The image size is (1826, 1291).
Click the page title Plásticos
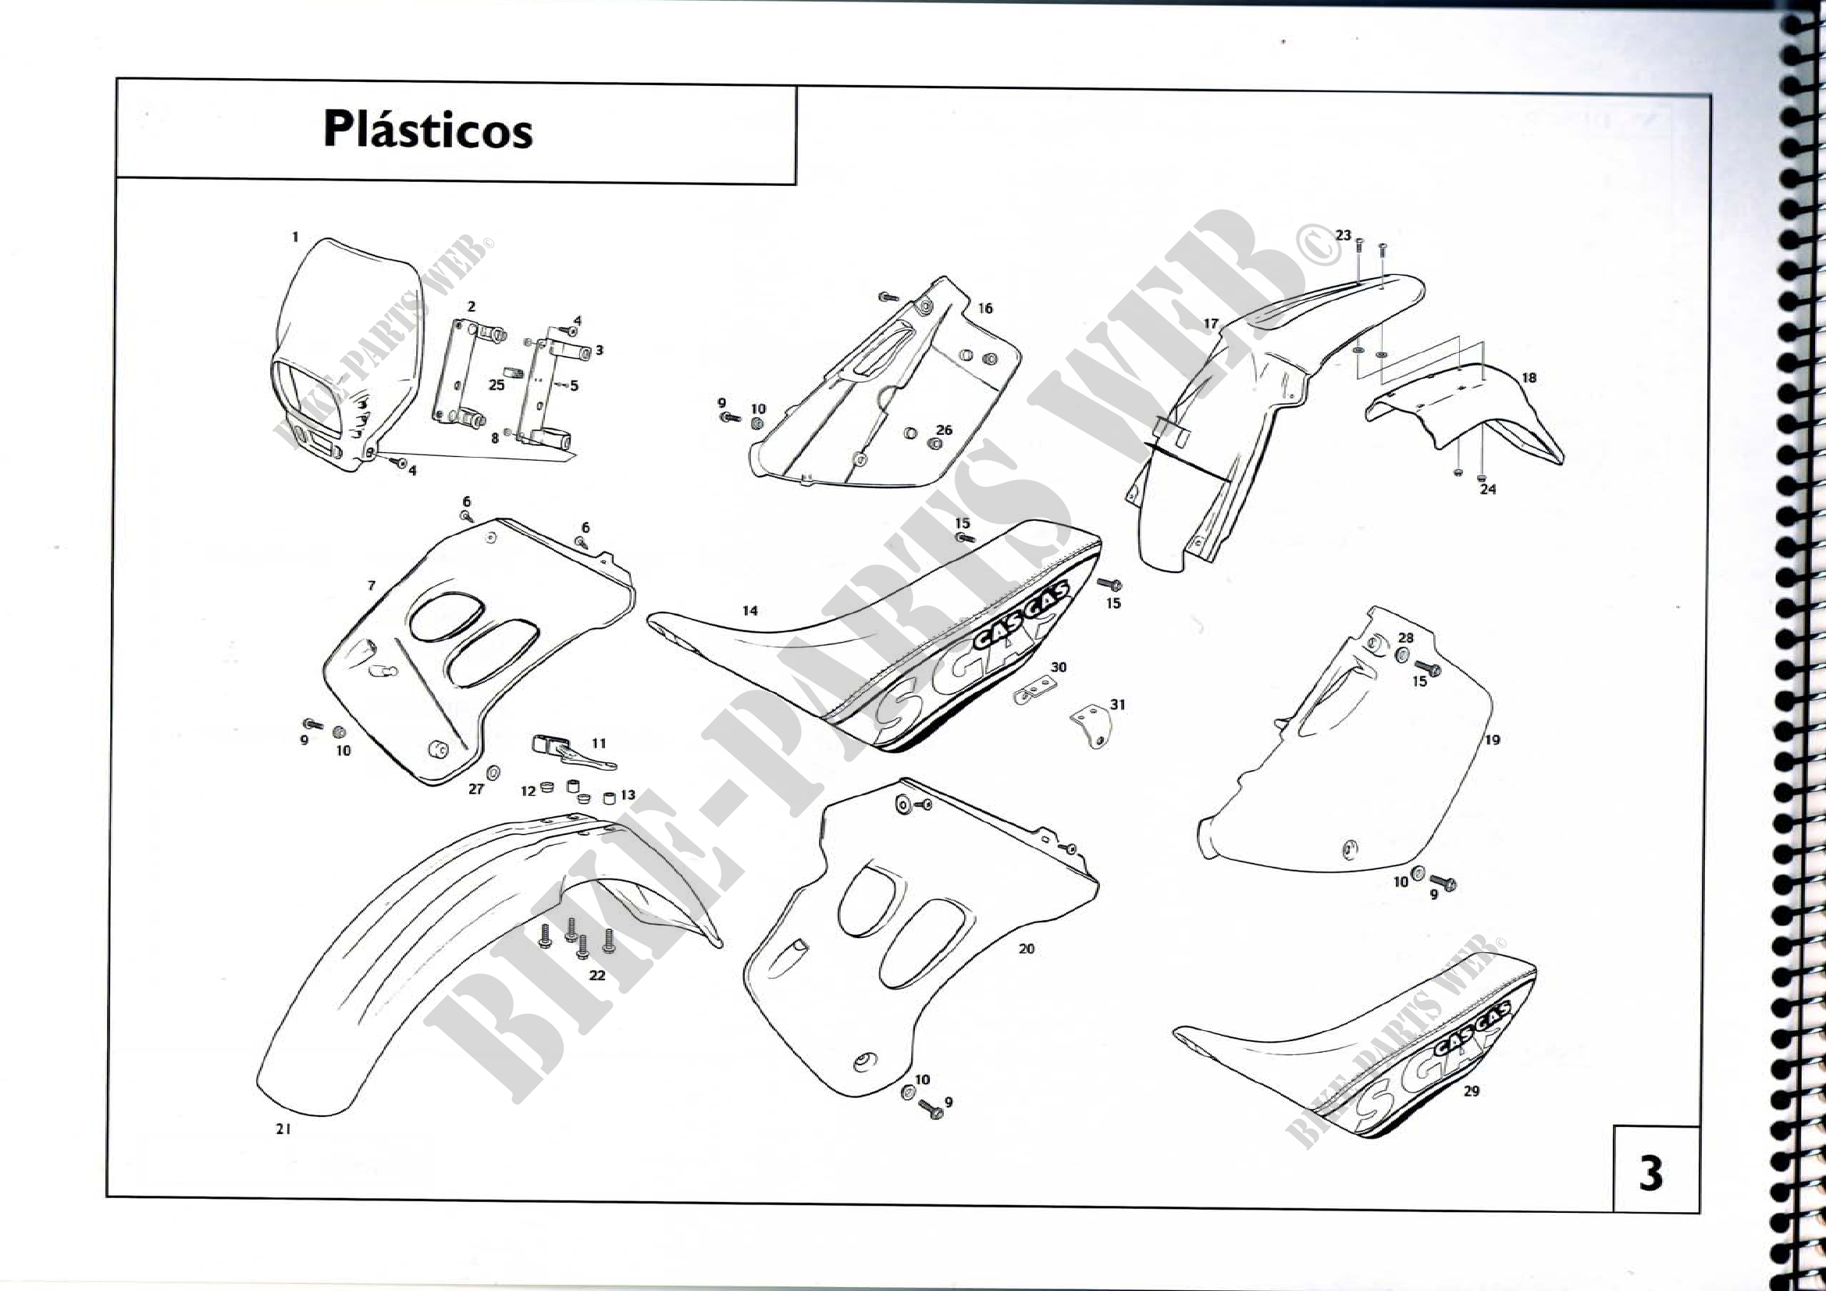coord(428,130)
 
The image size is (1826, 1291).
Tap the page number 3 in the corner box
coord(1650,1172)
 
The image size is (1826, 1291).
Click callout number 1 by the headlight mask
coord(295,237)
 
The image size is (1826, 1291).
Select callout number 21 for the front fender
coord(283,1128)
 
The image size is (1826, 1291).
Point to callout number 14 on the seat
coord(750,611)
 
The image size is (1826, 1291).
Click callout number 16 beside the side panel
coord(985,308)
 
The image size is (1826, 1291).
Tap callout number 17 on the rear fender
coord(1211,324)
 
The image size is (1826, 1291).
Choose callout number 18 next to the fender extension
coord(1529,378)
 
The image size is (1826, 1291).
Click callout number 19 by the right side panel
coord(1492,740)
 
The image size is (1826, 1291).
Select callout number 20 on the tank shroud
coord(1027,948)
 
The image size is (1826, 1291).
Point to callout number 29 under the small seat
coord(1472,1090)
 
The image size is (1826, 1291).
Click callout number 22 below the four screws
coord(597,975)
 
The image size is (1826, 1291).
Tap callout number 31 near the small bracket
coord(1118,704)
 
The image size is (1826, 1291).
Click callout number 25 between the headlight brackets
coord(497,385)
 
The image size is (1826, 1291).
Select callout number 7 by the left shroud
coord(372,586)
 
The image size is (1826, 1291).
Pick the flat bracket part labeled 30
coord(1031,690)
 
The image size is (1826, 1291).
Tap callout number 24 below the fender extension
coord(1487,489)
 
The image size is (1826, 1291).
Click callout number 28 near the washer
coord(1406,638)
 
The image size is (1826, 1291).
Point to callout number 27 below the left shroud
coord(475,789)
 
